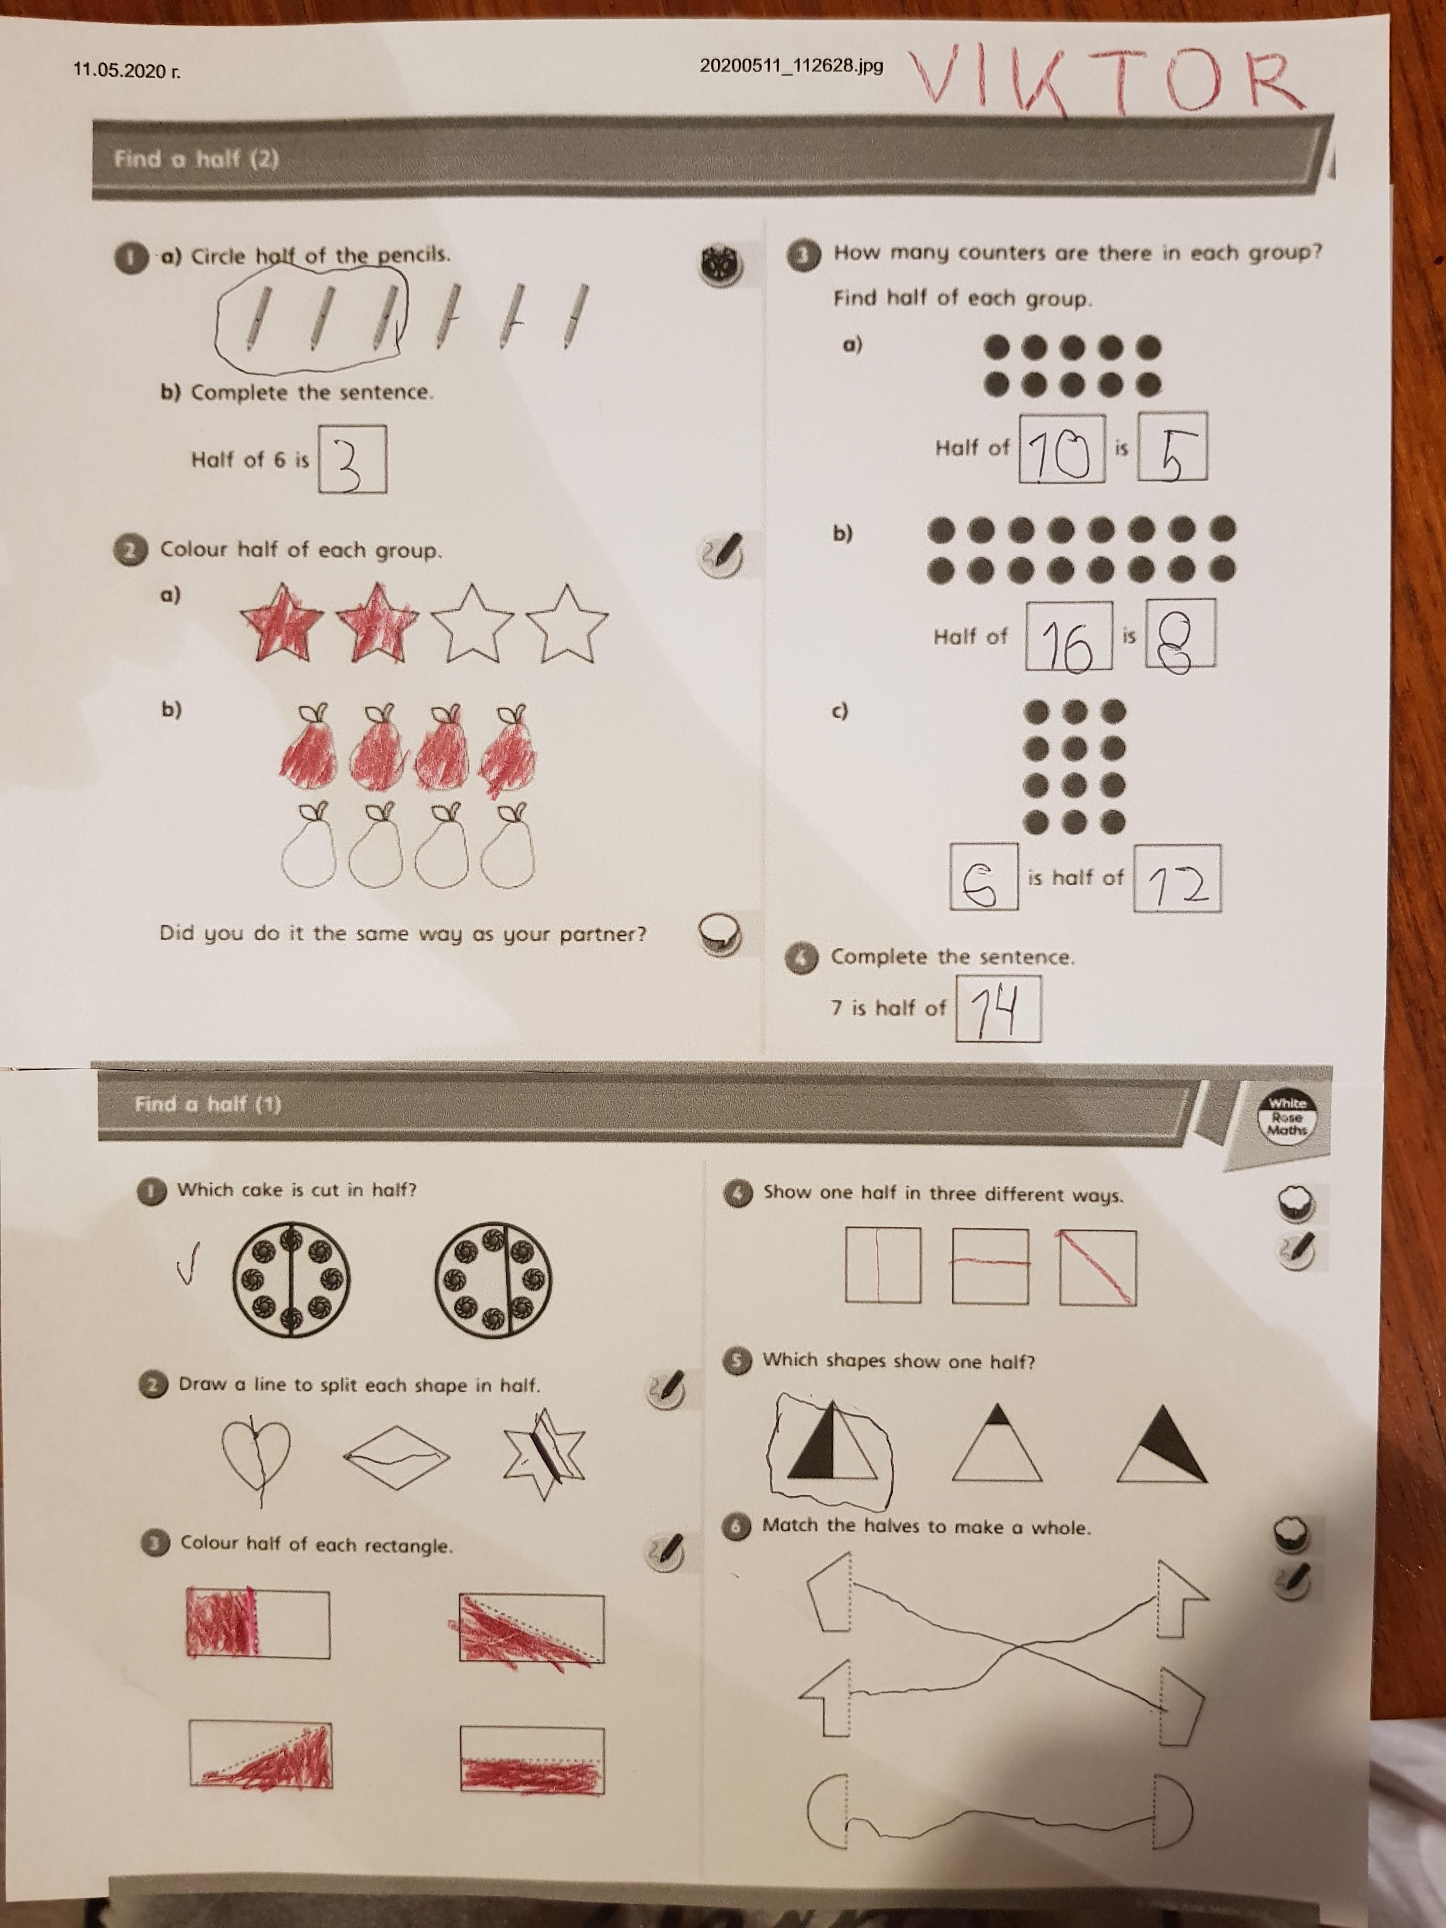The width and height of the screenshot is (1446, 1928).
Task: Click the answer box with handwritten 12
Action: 1177,878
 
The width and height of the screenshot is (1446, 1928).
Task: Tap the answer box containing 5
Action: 1172,446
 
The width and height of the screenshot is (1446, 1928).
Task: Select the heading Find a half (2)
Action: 196,160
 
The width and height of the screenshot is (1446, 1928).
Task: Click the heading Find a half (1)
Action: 208,1104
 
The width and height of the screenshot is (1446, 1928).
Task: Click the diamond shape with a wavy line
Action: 396,1454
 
